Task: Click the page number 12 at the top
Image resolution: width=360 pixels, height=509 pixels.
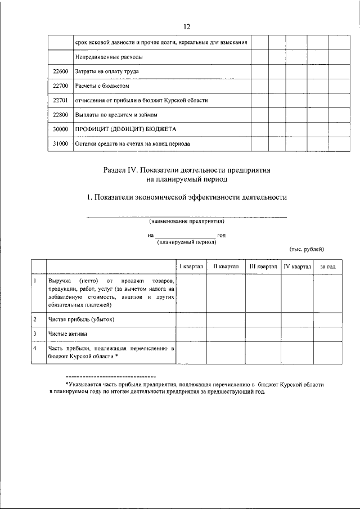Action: pyautogui.click(x=187, y=26)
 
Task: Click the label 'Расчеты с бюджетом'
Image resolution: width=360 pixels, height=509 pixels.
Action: pyautogui.click(x=102, y=87)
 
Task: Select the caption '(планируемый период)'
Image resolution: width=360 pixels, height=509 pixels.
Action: pyautogui.click(x=186, y=242)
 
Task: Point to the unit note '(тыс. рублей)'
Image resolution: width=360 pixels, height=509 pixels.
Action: pyautogui.click(x=307, y=249)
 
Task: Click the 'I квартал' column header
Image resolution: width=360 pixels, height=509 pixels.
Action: pyautogui.click(x=191, y=266)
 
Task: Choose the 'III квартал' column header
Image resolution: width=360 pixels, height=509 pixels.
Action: pyautogui.click(x=263, y=266)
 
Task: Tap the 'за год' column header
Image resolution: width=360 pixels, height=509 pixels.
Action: pyautogui.click(x=327, y=266)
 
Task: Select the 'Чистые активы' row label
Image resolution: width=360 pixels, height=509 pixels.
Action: pyautogui.click(x=67, y=335)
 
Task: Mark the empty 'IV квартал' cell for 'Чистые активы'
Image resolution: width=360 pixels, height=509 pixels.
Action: pyautogui.click(x=297, y=335)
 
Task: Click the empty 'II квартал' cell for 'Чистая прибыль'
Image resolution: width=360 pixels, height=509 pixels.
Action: pyautogui.click(x=226, y=320)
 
